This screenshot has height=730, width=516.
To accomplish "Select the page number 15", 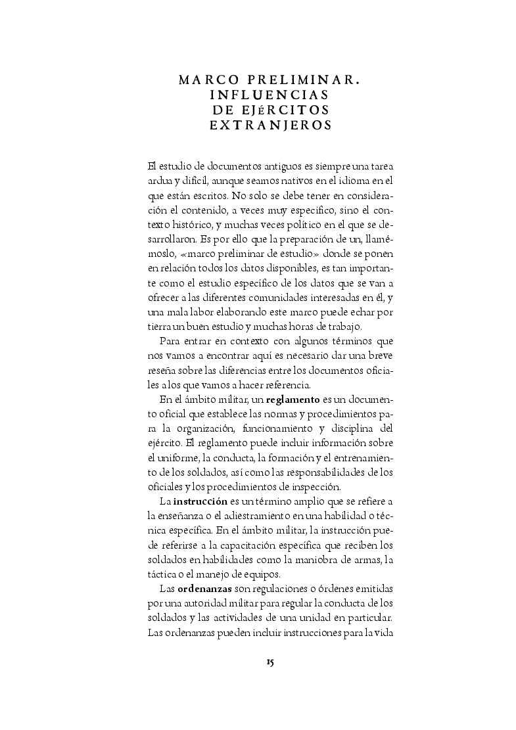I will (x=270, y=662).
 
